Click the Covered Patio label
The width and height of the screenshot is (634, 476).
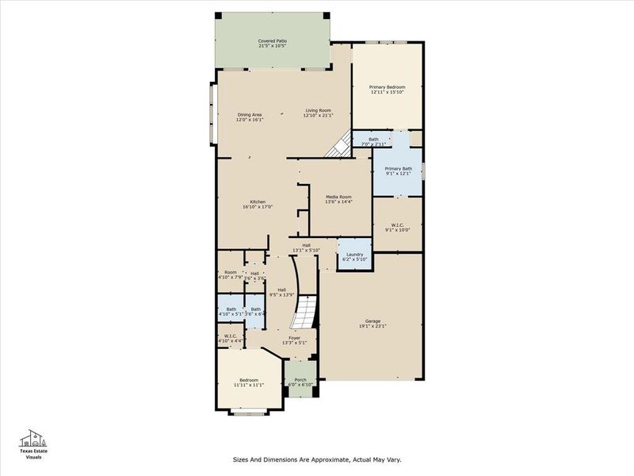[x=272, y=43]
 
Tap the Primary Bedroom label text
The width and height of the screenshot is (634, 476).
[x=387, y=90]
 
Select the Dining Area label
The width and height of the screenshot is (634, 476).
[x=250, y=117]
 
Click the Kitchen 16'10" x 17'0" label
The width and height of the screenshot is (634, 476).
[x=258, y=204]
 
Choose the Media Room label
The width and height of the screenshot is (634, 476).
[x=338, y=199]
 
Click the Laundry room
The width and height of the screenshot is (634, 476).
[x=354, y=256]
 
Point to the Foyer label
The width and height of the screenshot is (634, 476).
[x=294, y=340]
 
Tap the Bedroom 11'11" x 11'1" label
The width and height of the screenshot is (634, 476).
[x=249, y=382]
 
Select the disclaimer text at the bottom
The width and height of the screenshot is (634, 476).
[x=317, y=459]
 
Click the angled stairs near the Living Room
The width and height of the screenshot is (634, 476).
[x=340, y=146]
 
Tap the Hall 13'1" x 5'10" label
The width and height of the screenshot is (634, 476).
[x=306, y=248]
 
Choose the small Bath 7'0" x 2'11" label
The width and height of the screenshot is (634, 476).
[x=373, y=141]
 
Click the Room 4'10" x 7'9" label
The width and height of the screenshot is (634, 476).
[x=230, y=274]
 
